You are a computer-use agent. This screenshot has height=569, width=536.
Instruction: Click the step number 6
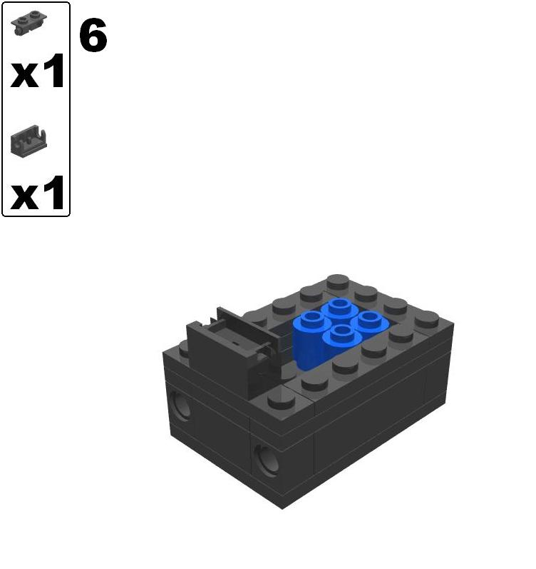93,36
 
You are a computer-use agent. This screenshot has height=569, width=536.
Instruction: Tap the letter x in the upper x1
25,74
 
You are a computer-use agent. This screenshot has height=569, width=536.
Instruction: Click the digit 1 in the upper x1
54,71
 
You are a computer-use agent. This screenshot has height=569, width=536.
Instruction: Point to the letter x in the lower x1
25,195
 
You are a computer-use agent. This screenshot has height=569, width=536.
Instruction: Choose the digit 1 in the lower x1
54,192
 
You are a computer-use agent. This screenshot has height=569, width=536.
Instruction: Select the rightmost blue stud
368,319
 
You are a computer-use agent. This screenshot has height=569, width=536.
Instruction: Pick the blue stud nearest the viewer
341,333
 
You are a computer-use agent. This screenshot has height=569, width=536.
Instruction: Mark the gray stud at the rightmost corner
427,318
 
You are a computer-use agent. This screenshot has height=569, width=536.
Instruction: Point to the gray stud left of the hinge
184,348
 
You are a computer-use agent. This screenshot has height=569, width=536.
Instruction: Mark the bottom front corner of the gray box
283,507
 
